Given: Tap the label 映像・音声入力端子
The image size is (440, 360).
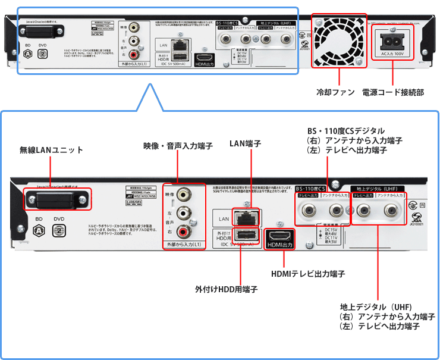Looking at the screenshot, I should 177,146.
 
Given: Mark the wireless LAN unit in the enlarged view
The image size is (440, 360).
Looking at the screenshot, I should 57,198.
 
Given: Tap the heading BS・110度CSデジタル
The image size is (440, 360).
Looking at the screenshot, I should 345,131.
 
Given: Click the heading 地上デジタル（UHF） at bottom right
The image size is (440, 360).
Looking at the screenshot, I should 376,306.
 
